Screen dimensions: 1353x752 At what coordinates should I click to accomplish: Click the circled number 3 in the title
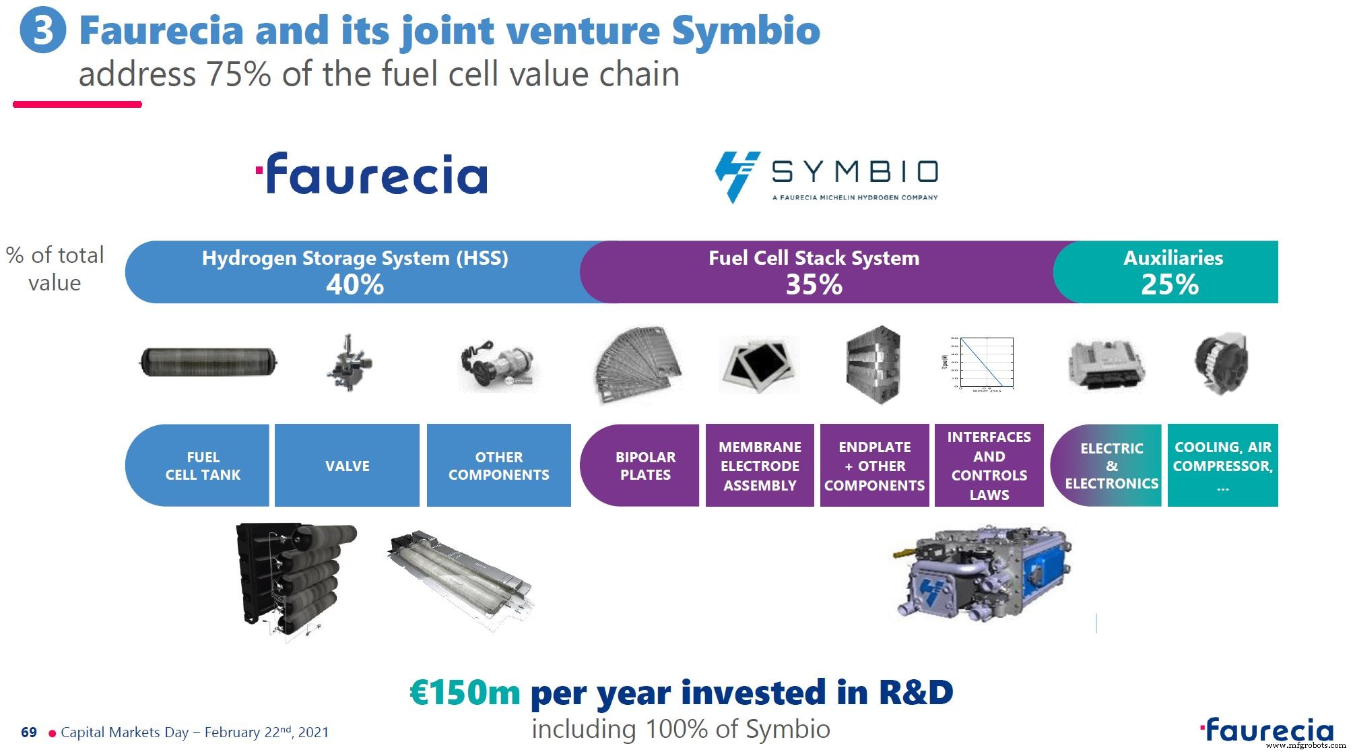(x=42, y=31)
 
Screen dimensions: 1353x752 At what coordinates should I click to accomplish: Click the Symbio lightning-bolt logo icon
(x=737, y=176)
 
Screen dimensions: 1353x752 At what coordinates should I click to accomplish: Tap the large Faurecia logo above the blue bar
(x=372, y=174)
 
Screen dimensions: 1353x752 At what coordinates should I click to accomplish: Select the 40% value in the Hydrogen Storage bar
(x=355, y=285)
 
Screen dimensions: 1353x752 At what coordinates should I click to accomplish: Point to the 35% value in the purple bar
(x=814, y=285)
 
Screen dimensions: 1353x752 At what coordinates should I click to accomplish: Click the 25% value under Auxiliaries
(x=1169, y=285)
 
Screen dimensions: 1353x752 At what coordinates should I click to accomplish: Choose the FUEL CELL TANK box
(x=202, y=466)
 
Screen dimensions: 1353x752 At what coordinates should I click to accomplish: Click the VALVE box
(x=347, y=466)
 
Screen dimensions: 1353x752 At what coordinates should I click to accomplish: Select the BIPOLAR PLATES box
(x=645, y=466)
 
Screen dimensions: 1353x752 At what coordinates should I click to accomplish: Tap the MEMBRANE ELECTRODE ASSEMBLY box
(x=760, y=466)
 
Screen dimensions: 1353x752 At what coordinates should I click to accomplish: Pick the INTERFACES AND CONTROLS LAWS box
(x=989, y=466)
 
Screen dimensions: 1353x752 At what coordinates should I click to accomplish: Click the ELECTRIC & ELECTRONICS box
(x=1111, y=466)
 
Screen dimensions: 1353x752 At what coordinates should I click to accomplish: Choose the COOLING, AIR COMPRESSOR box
(x=1222, y=466)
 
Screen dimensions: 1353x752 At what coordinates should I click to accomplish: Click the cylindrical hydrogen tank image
(x=208, y=362)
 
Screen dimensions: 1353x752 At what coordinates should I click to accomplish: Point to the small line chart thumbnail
(x=985, y=364)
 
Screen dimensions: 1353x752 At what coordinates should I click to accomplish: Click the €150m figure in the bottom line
(x=465, y=693)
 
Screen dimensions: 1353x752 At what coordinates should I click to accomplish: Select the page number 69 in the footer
(x=29, y=732)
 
